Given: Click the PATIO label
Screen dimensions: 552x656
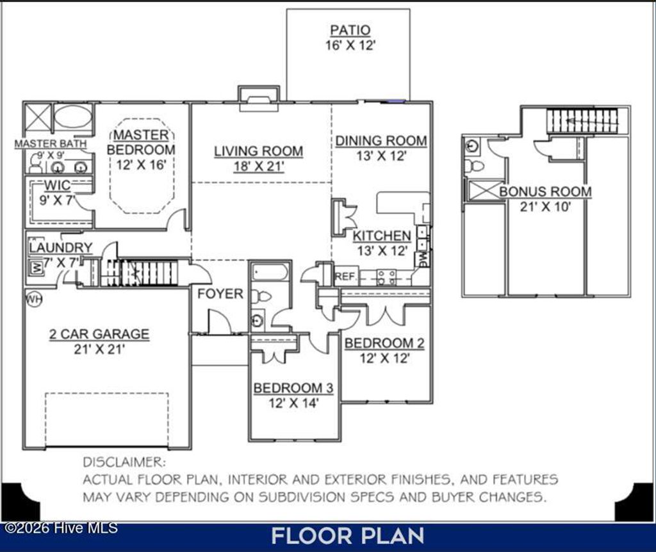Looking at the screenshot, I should tap(350, 31).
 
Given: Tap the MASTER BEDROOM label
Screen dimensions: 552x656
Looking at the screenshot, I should tap(141, 142).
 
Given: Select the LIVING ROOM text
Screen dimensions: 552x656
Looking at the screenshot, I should tap(258, 152).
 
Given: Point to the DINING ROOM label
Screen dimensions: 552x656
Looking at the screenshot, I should tap(381, 141).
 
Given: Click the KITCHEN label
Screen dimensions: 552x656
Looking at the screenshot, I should tap(382, 236).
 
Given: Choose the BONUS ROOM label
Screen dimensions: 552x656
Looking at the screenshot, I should tap(545, 191).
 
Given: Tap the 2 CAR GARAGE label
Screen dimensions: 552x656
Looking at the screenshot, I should tap(99, 334).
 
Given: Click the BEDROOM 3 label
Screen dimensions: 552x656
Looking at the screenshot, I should tap(293, 388).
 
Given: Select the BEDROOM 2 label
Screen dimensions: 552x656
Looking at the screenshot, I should tap(384, 343).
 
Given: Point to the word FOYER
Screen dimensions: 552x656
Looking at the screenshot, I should tap(220, 294).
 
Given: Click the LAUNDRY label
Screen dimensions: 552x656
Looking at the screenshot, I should tap(61, 248).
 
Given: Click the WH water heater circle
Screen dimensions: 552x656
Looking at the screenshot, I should tap(33, 298).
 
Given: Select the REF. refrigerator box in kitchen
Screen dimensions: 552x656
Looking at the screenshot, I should tap(345, 277).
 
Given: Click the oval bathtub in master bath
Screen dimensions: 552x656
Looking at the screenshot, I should tap(72, 118).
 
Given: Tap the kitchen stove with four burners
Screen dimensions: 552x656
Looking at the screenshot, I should tap(386, 277).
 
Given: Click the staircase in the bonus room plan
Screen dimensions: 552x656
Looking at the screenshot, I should tap(582, 120).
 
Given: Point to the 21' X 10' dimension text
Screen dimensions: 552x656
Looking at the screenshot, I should tap(545, 206).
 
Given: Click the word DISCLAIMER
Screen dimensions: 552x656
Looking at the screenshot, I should tap(124, 462).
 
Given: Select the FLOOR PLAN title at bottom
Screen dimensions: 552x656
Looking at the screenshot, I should tap(347, 536).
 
